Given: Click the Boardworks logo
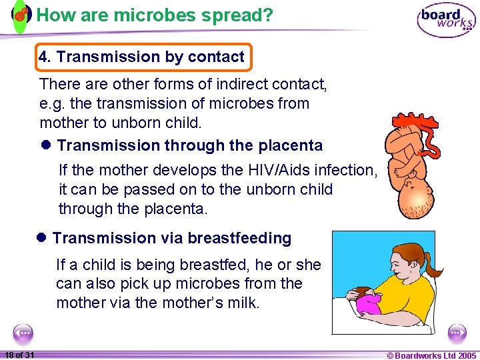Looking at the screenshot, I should (446, 19).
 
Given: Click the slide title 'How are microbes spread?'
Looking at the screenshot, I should (155, 15).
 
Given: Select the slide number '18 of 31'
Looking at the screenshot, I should (19, 355).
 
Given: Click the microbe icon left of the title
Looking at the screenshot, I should (21, 14).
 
